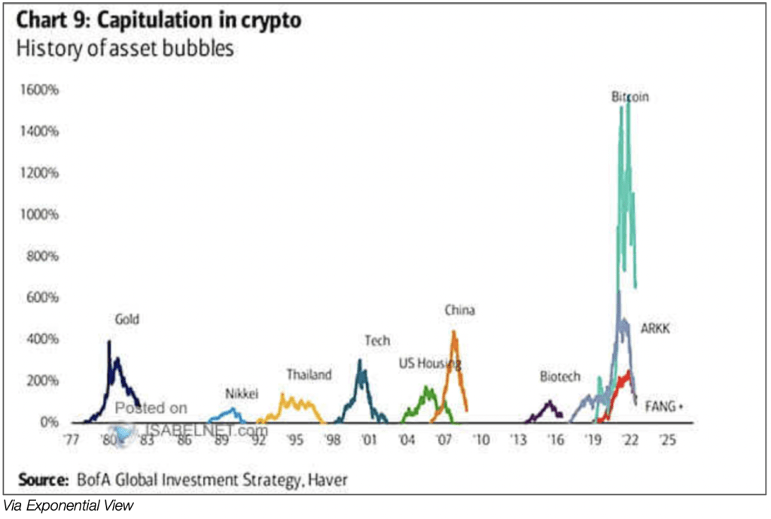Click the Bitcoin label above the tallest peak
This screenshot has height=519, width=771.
pyautogui.click(x=629, y=97)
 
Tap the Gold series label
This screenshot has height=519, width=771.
pyautogui.click(x=126, y=320)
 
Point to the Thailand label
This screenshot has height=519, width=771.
pyautogui.click(x=309, y=375)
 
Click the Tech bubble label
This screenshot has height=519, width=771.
pyautogui.click(x=377, y=341)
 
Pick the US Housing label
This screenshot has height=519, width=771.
pyautogui.click(x=429, y=364)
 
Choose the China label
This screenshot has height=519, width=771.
pyautogui.click(x=459, y=310)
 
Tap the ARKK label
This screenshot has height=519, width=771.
pyautogui.click(x=656, y=328)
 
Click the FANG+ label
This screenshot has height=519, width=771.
pyautogui.click(x=663, y=406)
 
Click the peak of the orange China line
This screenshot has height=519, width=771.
pyautogui.click(x=454, y=332)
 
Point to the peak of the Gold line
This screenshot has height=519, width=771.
pyautogui.click(x=109, y=341)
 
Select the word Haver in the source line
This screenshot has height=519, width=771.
pyautogui.click(x=325, y=479)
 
